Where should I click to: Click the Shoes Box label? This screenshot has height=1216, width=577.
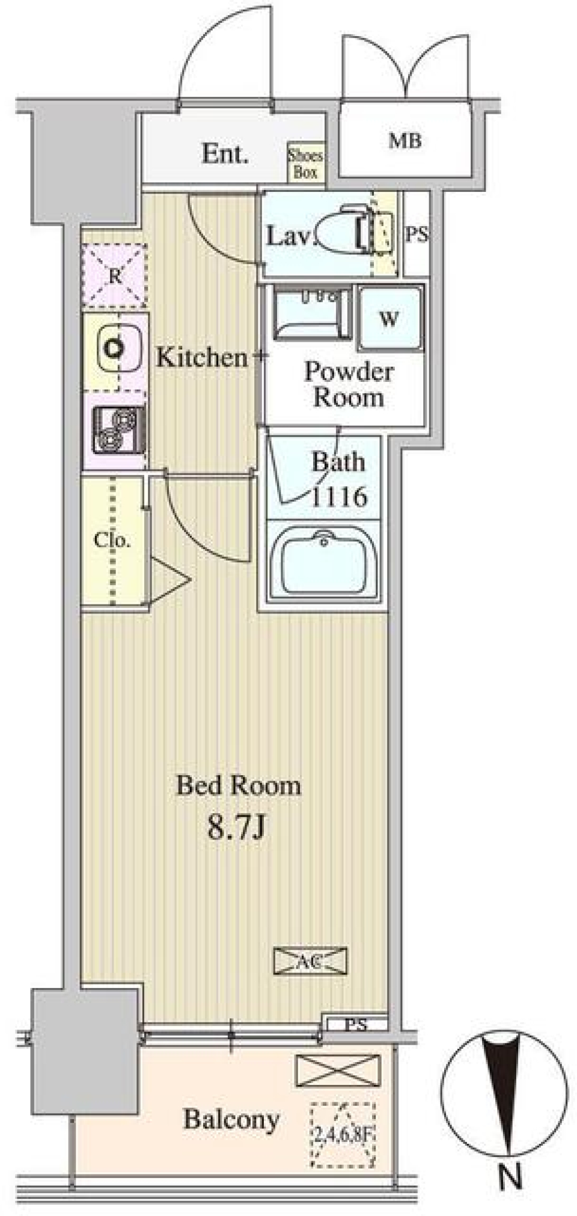(x=305, y=164)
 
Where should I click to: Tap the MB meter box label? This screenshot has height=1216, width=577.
(x=405, y=142)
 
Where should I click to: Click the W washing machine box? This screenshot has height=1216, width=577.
(x=389, y=318)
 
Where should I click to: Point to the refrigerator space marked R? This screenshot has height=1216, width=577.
(x=114, y=276)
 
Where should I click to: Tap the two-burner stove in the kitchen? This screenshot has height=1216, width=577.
(x=118, y=430)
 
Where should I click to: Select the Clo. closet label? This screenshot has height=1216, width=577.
(x=112, y=540)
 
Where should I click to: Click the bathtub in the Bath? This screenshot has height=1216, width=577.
(x=323, y=559)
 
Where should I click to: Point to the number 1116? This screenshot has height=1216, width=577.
(x=338, y=497)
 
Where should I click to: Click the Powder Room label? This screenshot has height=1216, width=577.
(x=349, y=385)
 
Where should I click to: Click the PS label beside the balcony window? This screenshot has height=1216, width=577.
(x=356, y=1024)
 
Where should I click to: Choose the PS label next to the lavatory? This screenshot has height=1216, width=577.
(x=417, y=235)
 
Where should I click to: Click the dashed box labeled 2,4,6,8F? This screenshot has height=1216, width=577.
(x=343, y=1134)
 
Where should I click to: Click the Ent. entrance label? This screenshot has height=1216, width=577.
(x=225, y=154)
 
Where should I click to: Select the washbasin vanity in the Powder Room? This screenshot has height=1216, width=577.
(x=313, y=313)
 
